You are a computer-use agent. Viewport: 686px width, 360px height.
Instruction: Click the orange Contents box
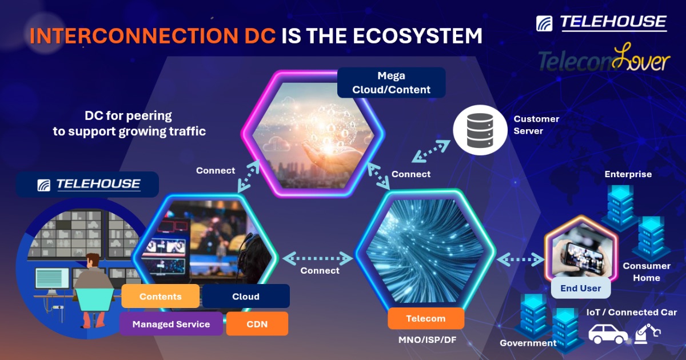coord(161,296)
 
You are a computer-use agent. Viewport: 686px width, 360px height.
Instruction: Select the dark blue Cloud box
coord(246,296)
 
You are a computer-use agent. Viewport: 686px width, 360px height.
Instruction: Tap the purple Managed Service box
coord(171,324)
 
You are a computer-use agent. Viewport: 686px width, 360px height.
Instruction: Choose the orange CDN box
coord(257,324)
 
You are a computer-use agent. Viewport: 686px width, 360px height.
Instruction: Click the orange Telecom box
coord(426,318)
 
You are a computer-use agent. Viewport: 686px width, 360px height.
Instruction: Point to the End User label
coord(581,288)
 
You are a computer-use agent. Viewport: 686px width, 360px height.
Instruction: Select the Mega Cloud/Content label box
coord(392,83)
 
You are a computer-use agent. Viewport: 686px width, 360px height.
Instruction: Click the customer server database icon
coord(480,130)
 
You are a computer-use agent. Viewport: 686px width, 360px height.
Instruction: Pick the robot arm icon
coord(647,334)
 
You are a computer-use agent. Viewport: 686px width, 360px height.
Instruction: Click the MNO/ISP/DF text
coord(427,340)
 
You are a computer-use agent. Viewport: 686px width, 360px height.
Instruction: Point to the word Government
coord(528,343)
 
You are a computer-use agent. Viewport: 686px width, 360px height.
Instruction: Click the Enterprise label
coord(628,174)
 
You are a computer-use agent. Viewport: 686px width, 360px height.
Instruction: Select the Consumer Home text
coord(647,272)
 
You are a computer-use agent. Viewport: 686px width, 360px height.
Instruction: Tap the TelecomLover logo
coord(604,59)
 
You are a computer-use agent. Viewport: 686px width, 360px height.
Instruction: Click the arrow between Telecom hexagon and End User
coord(521,259)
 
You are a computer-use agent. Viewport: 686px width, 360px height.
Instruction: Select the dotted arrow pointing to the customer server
coord(431,151)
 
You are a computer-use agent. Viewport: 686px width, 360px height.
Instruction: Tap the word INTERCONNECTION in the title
coord(134,36)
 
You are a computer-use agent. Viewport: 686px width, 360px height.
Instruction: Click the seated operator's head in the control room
coord(92,261)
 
